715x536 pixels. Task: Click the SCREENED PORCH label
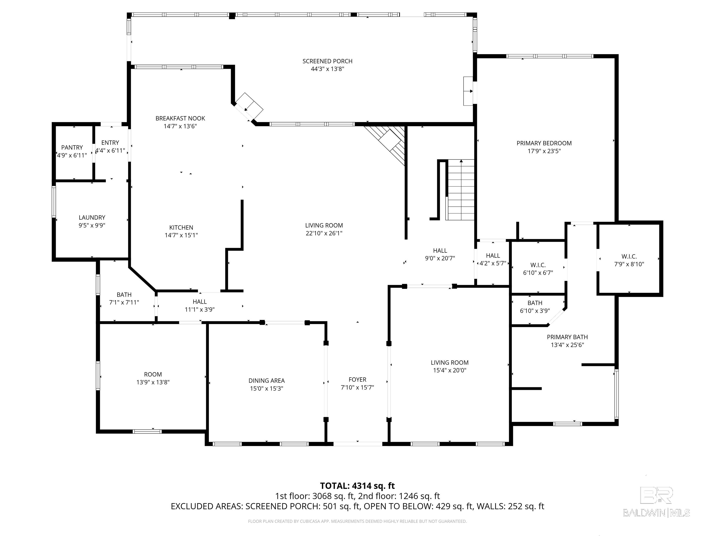327,61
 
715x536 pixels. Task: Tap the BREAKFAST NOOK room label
180,118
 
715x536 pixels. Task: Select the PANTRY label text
72,147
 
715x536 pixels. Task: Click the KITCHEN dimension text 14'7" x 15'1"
181,235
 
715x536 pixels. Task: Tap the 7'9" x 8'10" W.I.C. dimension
629,264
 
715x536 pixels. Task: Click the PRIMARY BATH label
567,337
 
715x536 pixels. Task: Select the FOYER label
357,380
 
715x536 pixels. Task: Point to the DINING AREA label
267,381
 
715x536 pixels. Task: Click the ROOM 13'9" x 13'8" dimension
153,382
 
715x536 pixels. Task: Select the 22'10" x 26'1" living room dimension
324,233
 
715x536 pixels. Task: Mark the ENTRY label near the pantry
110,142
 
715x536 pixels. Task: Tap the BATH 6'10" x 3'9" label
535,303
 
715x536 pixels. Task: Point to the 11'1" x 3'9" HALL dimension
200,309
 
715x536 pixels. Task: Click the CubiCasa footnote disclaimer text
357,521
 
